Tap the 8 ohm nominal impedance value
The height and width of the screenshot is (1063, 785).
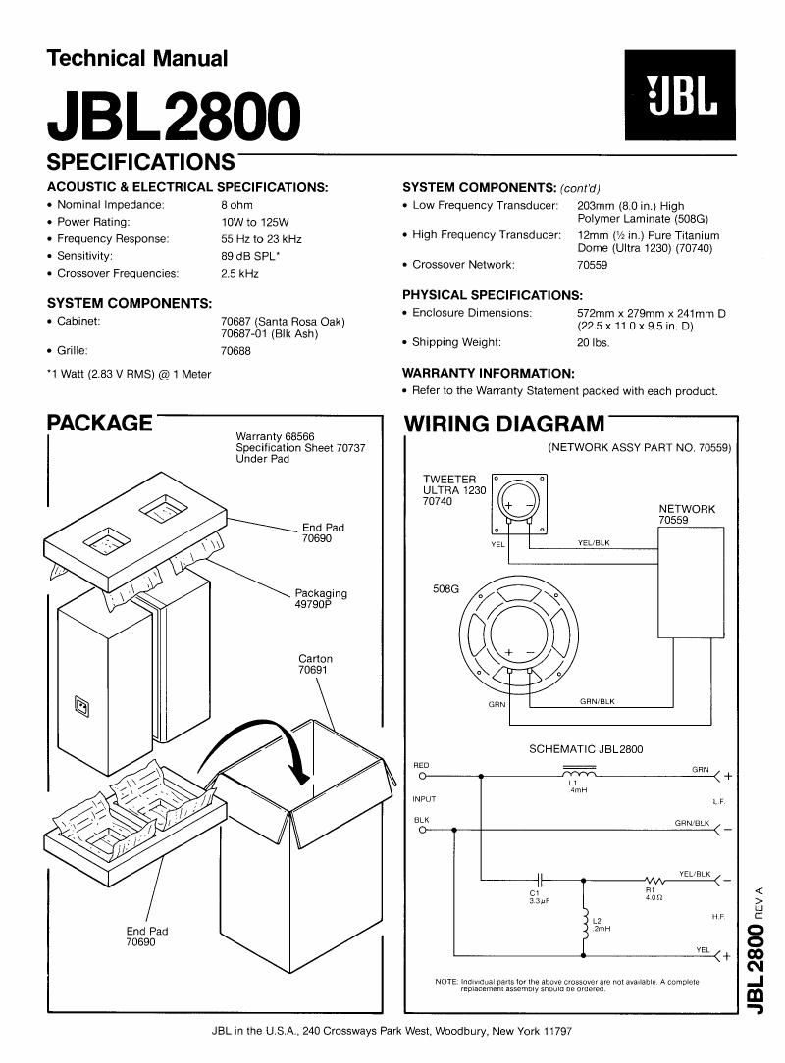pyautogui.click(x=237, y=205)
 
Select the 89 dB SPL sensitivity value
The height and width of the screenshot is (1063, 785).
pyautogui.click(x=250, y=256)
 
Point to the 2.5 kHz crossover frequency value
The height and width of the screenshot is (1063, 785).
pyautogui.click(x=240, y=274)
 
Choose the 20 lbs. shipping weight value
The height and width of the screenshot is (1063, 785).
pyautogui.click(x=593, y=342)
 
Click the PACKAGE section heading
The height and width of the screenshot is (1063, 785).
pyautogui.click(x=99, y=424)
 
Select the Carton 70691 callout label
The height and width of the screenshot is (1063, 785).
pyautogui.click(x=315, y=665)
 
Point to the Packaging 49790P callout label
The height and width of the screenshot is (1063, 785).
pyautogui.click(x=321, y=599)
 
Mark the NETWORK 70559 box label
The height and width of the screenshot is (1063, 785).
pyautogui.click(x=687, y=515)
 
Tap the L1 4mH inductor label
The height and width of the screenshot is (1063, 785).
pyautogui.click(x=574, y=787)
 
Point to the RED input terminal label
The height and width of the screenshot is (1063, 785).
pyautogui.click(x=421, y=765)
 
